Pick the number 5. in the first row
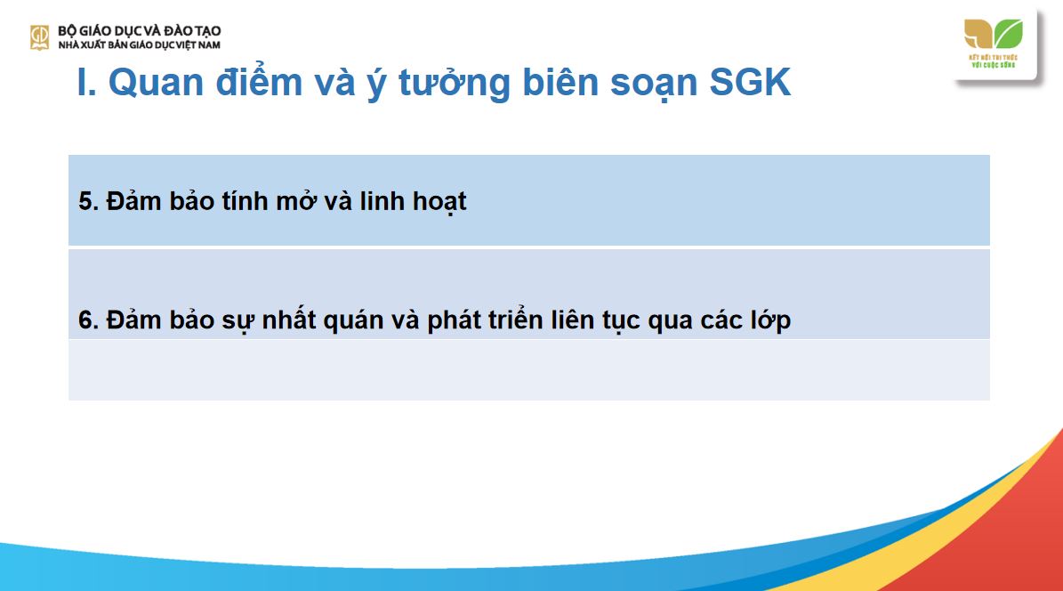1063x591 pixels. tap(88, 202)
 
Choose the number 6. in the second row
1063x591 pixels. tap(88, 320)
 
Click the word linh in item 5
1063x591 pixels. tap(360, 202)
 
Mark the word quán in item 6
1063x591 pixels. tap(357, 320)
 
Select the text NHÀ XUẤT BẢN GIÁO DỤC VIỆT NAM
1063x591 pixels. tap(139, 45)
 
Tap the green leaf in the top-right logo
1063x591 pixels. tap(1009, 34)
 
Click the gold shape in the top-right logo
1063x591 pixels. tap(978, 34)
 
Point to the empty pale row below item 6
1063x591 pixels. tap(528, 369)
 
